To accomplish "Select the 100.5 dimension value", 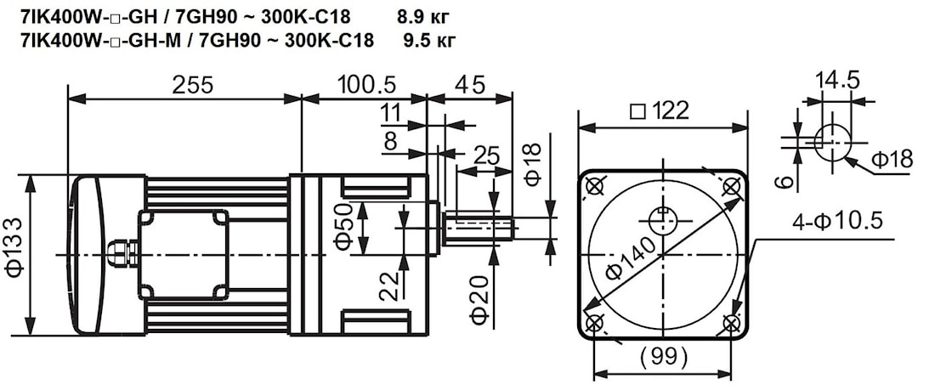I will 367,85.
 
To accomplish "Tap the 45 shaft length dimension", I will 470,85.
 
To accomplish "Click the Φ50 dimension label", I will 343,227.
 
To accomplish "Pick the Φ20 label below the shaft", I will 480,300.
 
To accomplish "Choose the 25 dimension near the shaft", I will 485,155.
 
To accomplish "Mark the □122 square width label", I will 660,110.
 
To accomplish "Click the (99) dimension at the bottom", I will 661,357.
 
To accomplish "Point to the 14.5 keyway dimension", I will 837,81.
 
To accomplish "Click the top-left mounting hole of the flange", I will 595,186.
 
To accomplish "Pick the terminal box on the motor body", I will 184,254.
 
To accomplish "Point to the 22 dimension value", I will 389,285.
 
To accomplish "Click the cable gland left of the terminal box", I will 120,253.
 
